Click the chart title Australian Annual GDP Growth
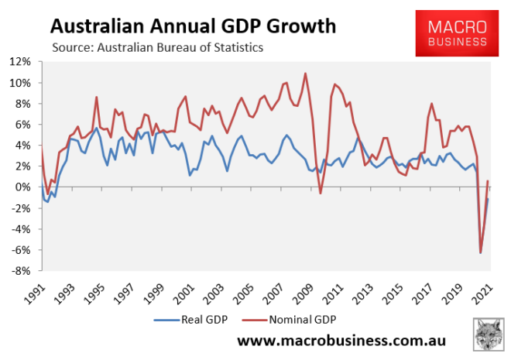click(193, 26)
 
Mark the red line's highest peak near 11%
click(305, 74)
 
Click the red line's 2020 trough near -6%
click(481, 253)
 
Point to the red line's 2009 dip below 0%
click(321, 193)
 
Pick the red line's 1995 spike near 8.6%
click(96, 97)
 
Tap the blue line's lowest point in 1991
click(47, 202)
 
